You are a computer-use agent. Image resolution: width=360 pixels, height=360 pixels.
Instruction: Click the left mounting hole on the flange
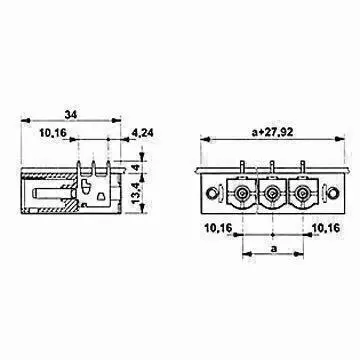pos(211,192)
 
